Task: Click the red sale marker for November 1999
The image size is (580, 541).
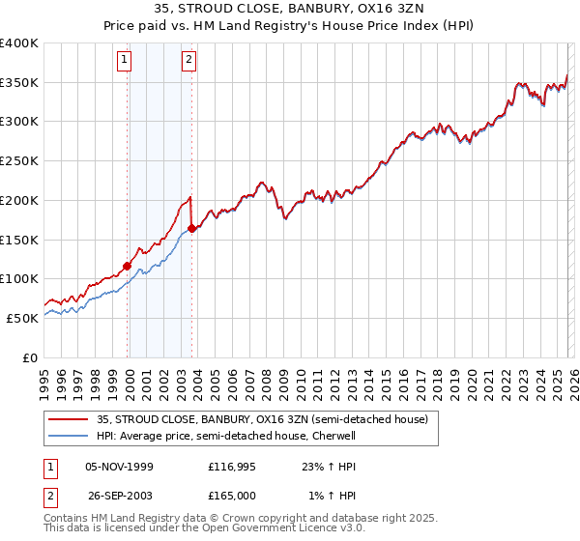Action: click(x=128, y=266)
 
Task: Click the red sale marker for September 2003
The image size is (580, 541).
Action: click(x=192, y=228)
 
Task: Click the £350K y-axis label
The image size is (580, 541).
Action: click(x=19, y=83)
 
